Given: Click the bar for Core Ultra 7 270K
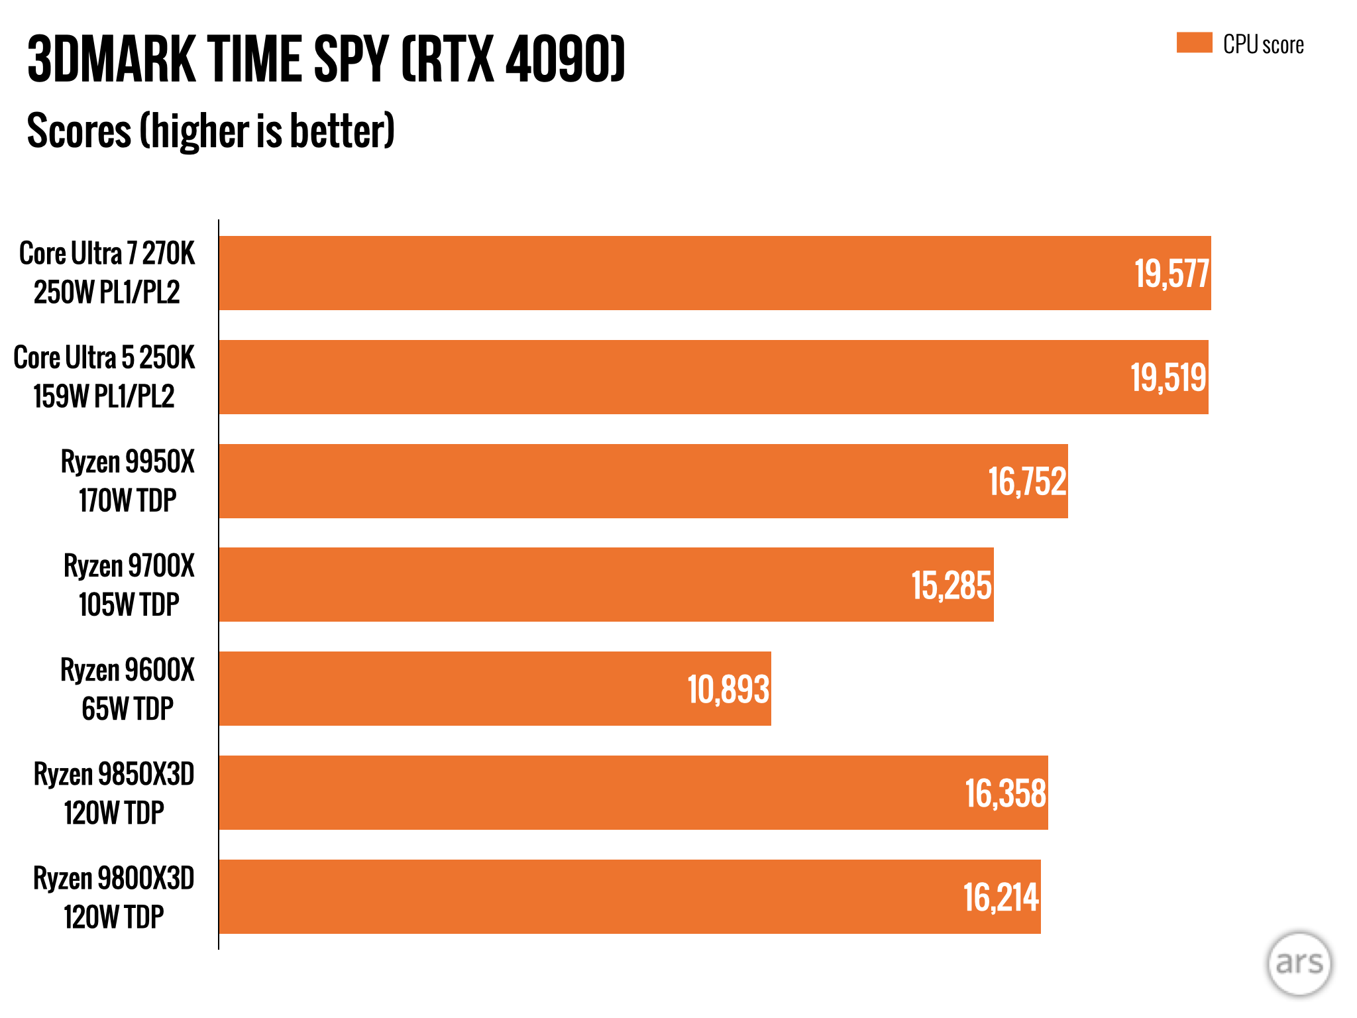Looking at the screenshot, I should [x=663, y=273].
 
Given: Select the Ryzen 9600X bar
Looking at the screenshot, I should [x=464, y=689].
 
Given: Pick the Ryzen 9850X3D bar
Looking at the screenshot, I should [x=596, y=793].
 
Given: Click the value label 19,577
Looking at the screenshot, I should [x=1171, y=274].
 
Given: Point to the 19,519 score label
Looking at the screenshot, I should [x=1168, y=378].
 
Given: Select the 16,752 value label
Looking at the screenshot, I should [x=1027, y=482].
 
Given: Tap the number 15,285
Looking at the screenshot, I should [x=951, y=586].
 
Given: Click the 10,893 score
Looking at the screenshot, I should [x=728, y=690].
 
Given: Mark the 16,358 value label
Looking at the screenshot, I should [x=1005, y=794].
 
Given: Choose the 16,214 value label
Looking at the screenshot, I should [x=1001, y=898].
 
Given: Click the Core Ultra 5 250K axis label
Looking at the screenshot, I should [x=104, y=377].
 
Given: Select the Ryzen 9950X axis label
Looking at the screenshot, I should [x=127, y=481].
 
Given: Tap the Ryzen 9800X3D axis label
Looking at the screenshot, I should [x=114, y=897].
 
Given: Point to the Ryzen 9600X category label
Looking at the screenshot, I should [x=127, y=689].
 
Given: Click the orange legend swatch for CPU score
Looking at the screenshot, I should [x=1194, y=43].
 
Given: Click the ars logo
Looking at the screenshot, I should [x=1299, y=963].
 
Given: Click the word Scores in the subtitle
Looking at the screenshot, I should [x=80, y=131].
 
